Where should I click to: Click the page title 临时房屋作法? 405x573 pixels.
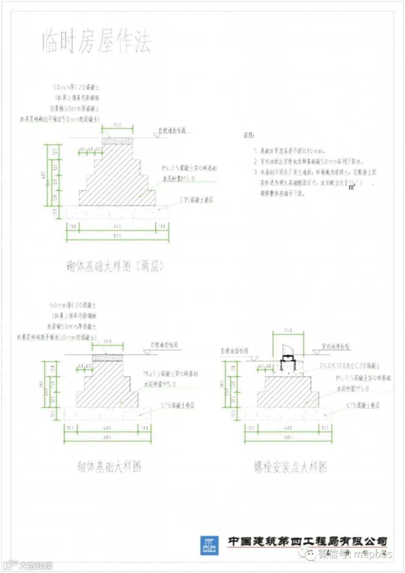pyautogui.click(x=96, y=41)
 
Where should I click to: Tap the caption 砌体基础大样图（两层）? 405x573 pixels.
pyautogui.click(x=115, y=266)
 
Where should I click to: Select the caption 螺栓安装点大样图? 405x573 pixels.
pyautogui.click(x=290, y=467)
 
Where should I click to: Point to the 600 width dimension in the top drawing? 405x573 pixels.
pyautogui.click(x=117, y=226)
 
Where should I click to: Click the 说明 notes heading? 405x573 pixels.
pyautogui.click(x=249, y=135)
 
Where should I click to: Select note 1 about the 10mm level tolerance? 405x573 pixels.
pyautogui.click(x=289, y=151)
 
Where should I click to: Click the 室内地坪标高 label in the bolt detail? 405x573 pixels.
pyautogui.click(x=335, y=346)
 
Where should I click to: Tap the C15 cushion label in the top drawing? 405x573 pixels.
pyautogui.click(x=196, y=200)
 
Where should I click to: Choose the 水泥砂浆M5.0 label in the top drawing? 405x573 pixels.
pyautogui.click(x=178, y=178)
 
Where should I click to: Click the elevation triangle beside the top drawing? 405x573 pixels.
pyautogui.click(x=157, y=135)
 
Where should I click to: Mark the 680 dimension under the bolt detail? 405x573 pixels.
pyautogui.click(x=288, y=437)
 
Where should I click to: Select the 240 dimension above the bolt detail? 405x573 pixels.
pyautogui.click(x=288, y=330)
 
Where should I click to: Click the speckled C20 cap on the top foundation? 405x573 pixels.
pyautogui.click(x=117, y=141)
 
